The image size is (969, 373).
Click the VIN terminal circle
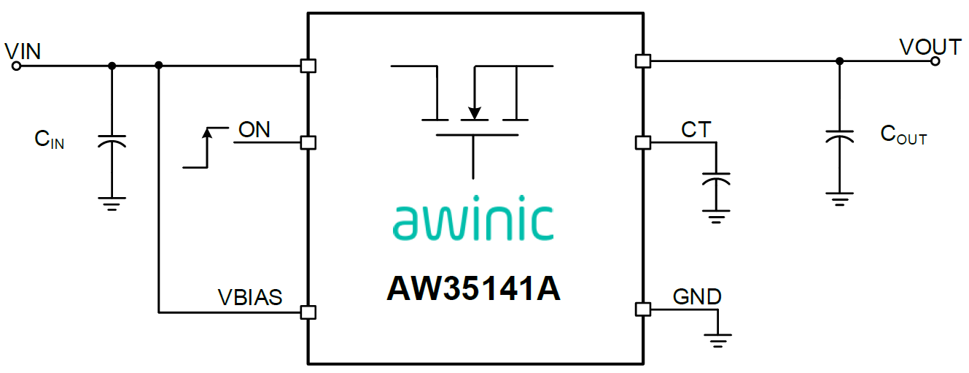click(17, 66)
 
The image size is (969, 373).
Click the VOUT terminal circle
click(935, 61)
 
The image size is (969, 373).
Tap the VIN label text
click(23, 52)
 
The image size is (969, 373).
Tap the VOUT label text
click(930, 47)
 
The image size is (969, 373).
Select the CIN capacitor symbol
click(112, 141)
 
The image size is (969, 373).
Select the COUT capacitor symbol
click(840, 136)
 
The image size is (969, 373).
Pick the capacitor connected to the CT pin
click(717, 179)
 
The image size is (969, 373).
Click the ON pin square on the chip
click(308, 142)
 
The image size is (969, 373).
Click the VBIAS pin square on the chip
click(308, 312)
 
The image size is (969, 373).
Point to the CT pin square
click(643, 142)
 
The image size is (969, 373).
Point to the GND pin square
click(643, 309)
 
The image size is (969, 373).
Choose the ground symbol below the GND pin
click(717, 341)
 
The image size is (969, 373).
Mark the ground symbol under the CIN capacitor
click(112, 204)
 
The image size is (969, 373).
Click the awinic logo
click(473, 218)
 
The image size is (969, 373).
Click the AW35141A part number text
click(474, 288)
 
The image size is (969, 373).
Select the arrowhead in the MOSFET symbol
click(475, 112)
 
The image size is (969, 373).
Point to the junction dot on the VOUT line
click(840, 61)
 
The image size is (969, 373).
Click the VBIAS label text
click(250, 298)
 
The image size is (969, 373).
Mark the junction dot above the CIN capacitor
click(112, 66)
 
